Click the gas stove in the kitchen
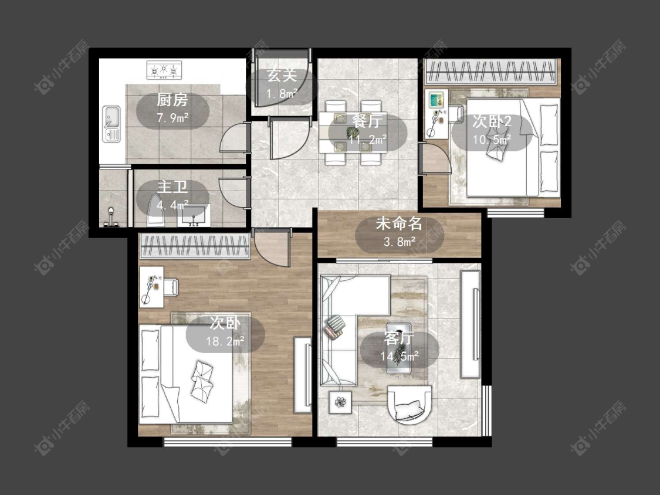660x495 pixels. pos(165,69)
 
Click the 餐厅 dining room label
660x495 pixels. pos(367,121)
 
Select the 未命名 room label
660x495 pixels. pos(399,223)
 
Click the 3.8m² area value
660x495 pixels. pos(400,242)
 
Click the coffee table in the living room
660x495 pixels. pos(398,348)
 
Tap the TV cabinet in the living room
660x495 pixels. pos(471,324)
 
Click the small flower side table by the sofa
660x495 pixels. pos(340,402)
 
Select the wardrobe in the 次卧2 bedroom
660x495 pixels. pos(491,72)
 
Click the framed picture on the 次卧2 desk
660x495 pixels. pos(435,100)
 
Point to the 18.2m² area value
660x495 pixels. pos(225,341)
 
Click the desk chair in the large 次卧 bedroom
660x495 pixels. pos(171,287)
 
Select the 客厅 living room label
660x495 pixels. pos(399,338)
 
